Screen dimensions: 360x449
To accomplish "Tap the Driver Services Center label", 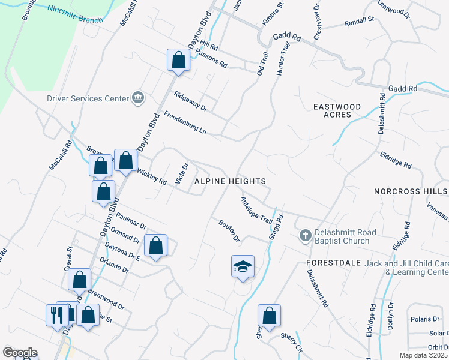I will point(88,98).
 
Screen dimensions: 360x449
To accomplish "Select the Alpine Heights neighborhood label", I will point(231,181).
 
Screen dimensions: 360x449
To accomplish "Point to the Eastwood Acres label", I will point(337,111).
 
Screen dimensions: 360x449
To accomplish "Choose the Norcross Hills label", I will point(411,191).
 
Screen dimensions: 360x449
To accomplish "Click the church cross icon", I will point(305,236).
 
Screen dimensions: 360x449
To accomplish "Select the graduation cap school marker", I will point(243,266).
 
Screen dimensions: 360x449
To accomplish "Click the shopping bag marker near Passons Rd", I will point(178,59).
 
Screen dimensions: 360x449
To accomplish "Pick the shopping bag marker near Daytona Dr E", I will point(155,245).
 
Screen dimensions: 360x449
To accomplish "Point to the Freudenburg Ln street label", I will point(185,122).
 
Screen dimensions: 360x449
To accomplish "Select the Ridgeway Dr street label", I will point(190,101).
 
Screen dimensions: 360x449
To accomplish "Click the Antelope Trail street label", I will point(256,210).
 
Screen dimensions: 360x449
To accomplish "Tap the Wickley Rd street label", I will point(151,176).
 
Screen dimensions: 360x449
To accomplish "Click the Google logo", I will point(20,353).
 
